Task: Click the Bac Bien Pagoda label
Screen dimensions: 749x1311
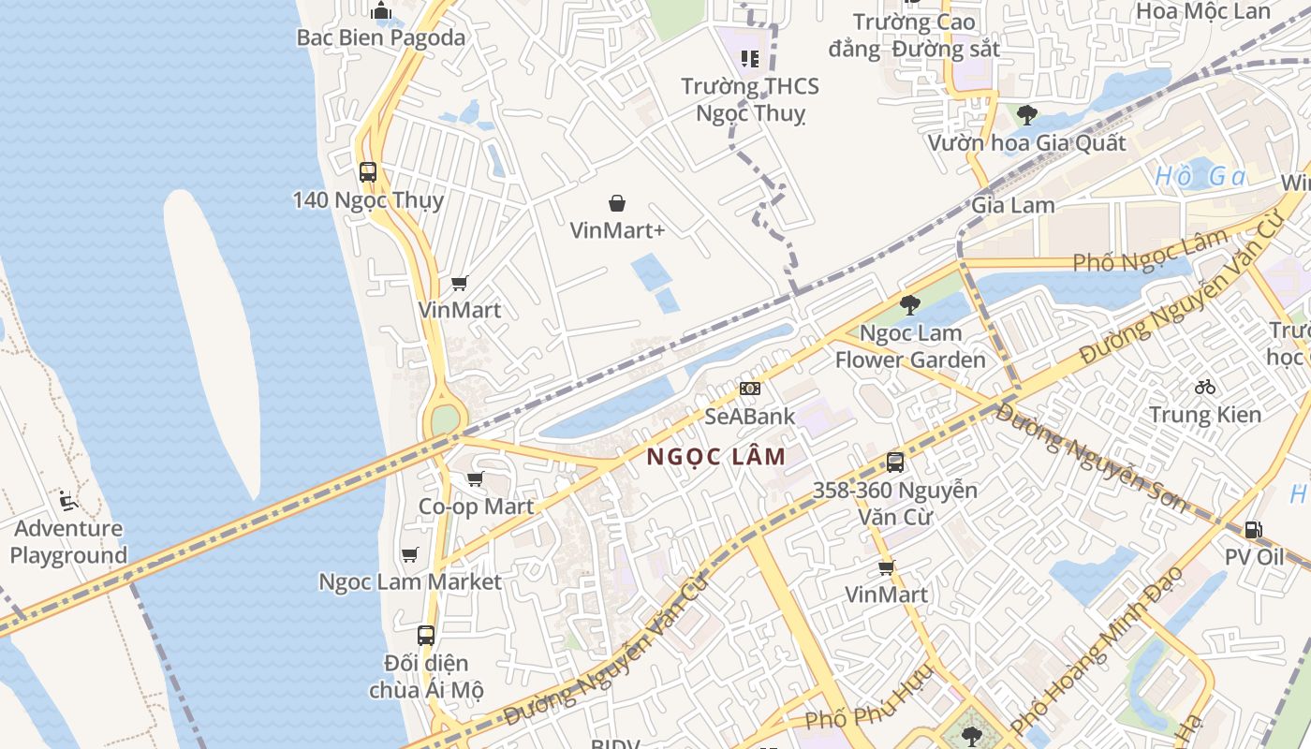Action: click(380, 37)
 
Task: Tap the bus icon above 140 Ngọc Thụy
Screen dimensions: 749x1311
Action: click(367, 172)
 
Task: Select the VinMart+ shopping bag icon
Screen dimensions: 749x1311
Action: click(617, 203)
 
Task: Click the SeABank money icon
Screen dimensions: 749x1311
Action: click(749, 389)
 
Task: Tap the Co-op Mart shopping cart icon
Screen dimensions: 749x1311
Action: click(475, 479)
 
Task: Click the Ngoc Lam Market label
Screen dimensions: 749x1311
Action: click(410, 581)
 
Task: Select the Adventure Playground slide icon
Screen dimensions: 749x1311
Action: click(67, 501)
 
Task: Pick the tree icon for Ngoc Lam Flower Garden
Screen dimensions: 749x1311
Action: click(909, 305)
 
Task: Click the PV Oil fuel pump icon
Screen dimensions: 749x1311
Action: click(1253, 530)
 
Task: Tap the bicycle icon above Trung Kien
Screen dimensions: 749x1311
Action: click(1205, 387)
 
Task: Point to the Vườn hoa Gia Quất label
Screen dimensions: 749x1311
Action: click(1026, 143)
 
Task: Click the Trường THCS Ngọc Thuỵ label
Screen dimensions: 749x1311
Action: click(750, 99)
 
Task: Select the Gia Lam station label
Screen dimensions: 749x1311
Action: click(1012, 205)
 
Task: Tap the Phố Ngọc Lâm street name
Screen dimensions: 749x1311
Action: click(1149, 251)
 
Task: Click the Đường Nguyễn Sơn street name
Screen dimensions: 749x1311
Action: click(1091, 457)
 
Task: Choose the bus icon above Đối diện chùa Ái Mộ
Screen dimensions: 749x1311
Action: click(426, 635)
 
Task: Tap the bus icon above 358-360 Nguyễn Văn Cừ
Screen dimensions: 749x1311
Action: click(895, 462)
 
